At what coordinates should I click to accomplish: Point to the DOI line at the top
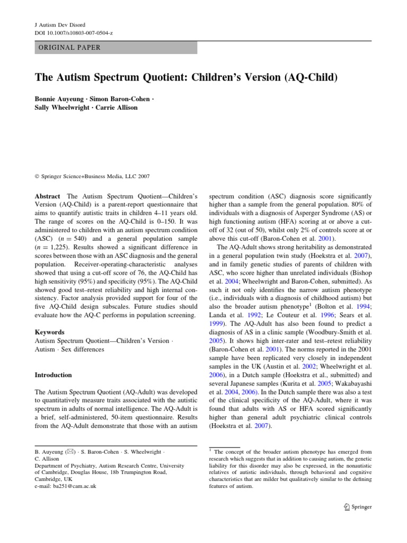click(70, 32)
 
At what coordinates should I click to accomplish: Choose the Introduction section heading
click(53, 375)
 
